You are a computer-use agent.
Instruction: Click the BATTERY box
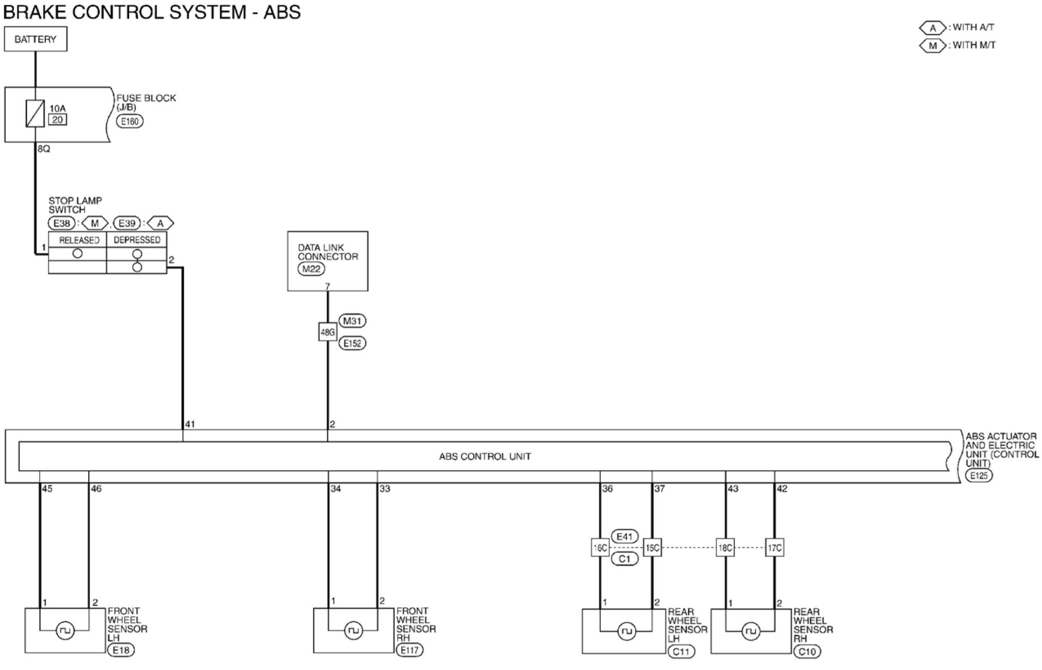[36, 39]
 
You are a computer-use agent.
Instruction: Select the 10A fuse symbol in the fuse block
[35, 113]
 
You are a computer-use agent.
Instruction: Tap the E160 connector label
[130, 121]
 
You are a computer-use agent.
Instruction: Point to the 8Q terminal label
[44, 149]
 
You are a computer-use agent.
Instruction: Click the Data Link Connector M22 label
[311, 269]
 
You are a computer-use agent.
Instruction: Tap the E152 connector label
[352, 343]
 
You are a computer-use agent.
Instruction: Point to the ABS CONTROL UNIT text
[485, 456]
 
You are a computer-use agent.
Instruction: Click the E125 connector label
[979, 475]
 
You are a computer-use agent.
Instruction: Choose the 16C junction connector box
[600, 548]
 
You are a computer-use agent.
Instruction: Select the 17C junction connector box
[774, 548]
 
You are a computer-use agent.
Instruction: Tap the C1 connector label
[625, 559]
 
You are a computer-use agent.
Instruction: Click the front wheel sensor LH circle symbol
[65, 630]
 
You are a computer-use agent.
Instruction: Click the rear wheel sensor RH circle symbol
[750, 631]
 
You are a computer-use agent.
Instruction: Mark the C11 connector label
[682, 651]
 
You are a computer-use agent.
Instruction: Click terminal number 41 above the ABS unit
[190, 424]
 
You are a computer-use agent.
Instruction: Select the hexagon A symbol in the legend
[933, 28]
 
